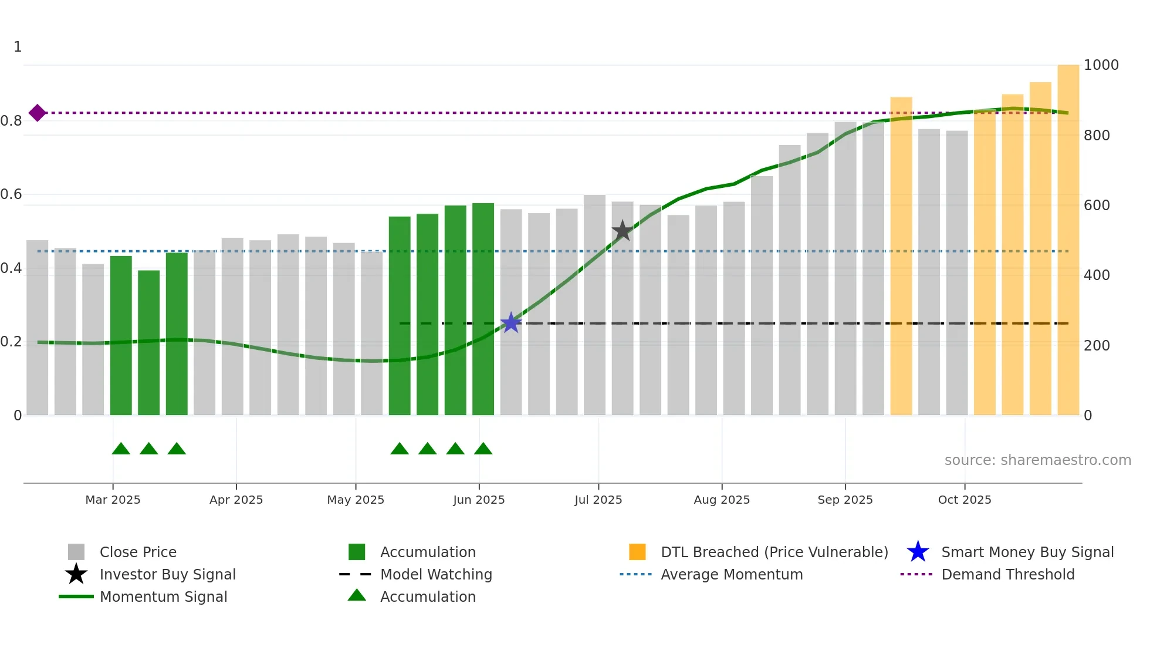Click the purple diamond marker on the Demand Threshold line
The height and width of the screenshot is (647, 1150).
tap(37, 113)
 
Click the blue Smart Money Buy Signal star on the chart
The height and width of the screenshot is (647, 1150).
tap(511, 322)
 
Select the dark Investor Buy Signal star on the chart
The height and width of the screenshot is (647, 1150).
tap(622, 231)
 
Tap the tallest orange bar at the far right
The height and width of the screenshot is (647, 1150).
tap(1068, 241)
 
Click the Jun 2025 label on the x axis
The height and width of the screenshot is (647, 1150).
tap(479, 500)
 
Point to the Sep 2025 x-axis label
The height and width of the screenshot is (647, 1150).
tap(845, 500)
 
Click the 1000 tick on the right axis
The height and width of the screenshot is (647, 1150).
tap(1101, 65)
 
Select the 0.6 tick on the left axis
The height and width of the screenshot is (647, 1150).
tap(12, 194)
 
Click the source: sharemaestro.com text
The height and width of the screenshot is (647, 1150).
tap(1037, 460)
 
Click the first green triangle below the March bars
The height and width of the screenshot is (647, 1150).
tap(121, 449)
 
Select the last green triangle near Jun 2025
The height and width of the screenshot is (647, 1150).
tap(483, 449)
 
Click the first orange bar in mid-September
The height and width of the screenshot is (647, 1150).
tap(901, 256)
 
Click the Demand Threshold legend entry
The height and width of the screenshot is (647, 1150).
tap(1007, 574)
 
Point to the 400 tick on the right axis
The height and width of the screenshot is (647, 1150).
tap(1096, 275)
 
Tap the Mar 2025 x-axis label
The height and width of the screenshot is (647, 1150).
tap(113, 500)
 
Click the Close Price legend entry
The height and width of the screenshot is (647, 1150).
tap(137, 552)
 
